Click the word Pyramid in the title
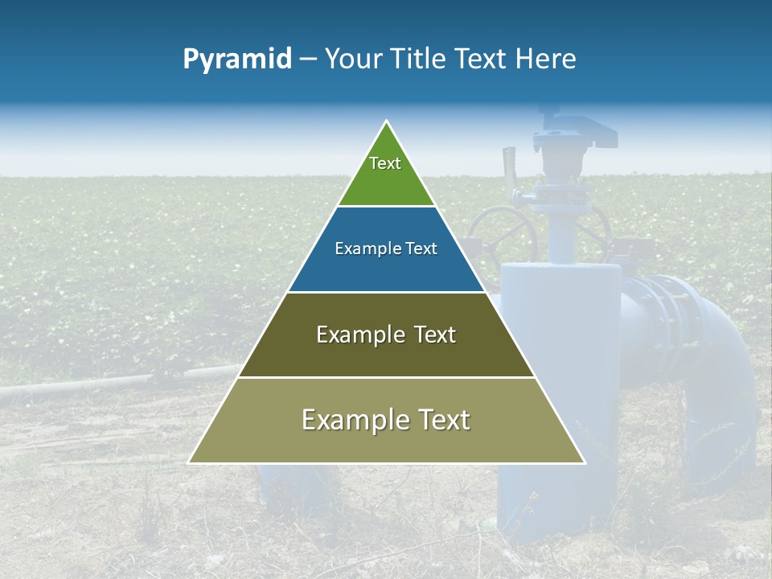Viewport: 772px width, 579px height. [237, 60]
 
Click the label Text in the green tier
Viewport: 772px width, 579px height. [385, 163]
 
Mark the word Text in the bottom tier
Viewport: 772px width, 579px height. [443, 420]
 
